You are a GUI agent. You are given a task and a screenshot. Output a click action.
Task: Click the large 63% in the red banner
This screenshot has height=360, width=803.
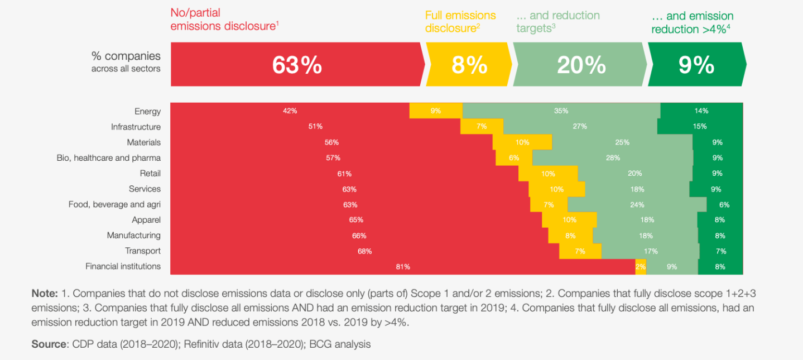click(297, 65)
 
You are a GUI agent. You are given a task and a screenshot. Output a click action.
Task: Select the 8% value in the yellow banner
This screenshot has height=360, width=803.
click(469, 65)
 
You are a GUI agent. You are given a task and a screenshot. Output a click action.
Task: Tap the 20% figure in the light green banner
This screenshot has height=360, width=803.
click(581, 65)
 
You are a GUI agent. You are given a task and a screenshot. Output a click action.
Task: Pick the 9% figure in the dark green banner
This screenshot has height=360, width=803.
click(696, 65)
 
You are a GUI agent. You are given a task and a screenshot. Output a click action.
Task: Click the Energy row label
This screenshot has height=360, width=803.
click(147, 112)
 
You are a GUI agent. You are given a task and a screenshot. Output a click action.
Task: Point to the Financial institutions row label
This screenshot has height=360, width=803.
click(123, 266)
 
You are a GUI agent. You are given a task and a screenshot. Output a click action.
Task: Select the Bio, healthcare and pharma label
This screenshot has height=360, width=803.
click(109, 158)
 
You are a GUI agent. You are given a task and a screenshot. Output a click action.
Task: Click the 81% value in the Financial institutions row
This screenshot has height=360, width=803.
click(403, 267)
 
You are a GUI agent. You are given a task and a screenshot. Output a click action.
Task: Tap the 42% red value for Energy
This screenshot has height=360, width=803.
click(290, 111)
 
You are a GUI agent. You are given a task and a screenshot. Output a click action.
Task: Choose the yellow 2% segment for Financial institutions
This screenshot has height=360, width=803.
click(641, 267)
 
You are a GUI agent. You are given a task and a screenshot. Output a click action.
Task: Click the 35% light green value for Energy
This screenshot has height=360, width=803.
click(561, 111)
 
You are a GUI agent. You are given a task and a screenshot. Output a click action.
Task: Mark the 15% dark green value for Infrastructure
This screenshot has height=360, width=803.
click(700, 127)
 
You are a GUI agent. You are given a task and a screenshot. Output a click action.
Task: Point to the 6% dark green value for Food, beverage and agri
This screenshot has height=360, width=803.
click(724, 205)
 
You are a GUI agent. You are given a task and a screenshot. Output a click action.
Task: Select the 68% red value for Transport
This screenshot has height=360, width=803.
click(364, 251)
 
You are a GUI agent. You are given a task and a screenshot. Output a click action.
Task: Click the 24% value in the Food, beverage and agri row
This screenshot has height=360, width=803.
click(637, 205)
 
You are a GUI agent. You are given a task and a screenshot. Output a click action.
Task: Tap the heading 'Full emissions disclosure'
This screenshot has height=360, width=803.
click(460, 22)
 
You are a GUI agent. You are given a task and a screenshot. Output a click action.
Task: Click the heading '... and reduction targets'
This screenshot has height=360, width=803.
click(557, 22)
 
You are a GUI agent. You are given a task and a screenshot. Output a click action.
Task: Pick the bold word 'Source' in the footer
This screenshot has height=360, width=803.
click(49, 344)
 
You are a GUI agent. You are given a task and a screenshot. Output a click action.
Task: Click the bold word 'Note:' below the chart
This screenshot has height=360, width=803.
click(45, 293)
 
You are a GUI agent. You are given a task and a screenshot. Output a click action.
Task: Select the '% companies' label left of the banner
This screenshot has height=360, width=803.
click(126, 56)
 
